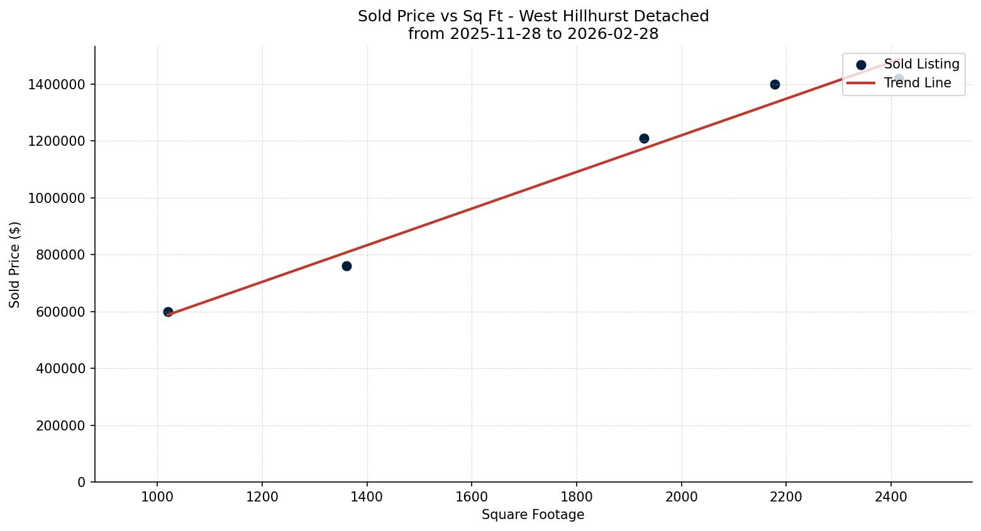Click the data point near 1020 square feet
(x=168, y=312)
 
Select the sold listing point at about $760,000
(x=346, y=266)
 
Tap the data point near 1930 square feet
(x=644, y=138)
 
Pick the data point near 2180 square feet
(x=775, y=84)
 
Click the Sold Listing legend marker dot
(x=861, y=65)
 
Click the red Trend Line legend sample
(x=861, y=83)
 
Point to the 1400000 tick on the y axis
(x=57, y=84)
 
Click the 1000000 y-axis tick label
(x=57, y=198)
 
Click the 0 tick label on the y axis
(x=81, y=482)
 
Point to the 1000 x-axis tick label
(x=157, y=496)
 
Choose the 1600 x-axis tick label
(x=472, y=496)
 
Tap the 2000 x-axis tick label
(x=681, y=496)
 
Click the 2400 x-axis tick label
(x=890, y=496)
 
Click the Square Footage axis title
(x=533, y=515)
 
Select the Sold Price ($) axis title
(x=15, y=265)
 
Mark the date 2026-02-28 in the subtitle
(x=612, y=34)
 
